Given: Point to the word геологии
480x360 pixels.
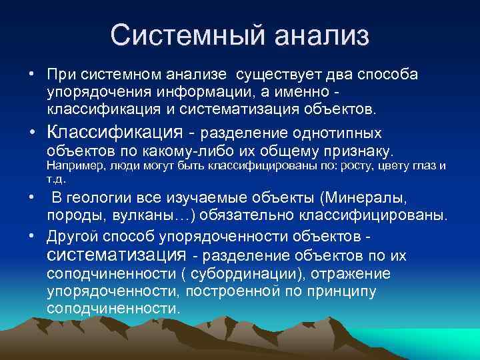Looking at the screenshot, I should [103, 198].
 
